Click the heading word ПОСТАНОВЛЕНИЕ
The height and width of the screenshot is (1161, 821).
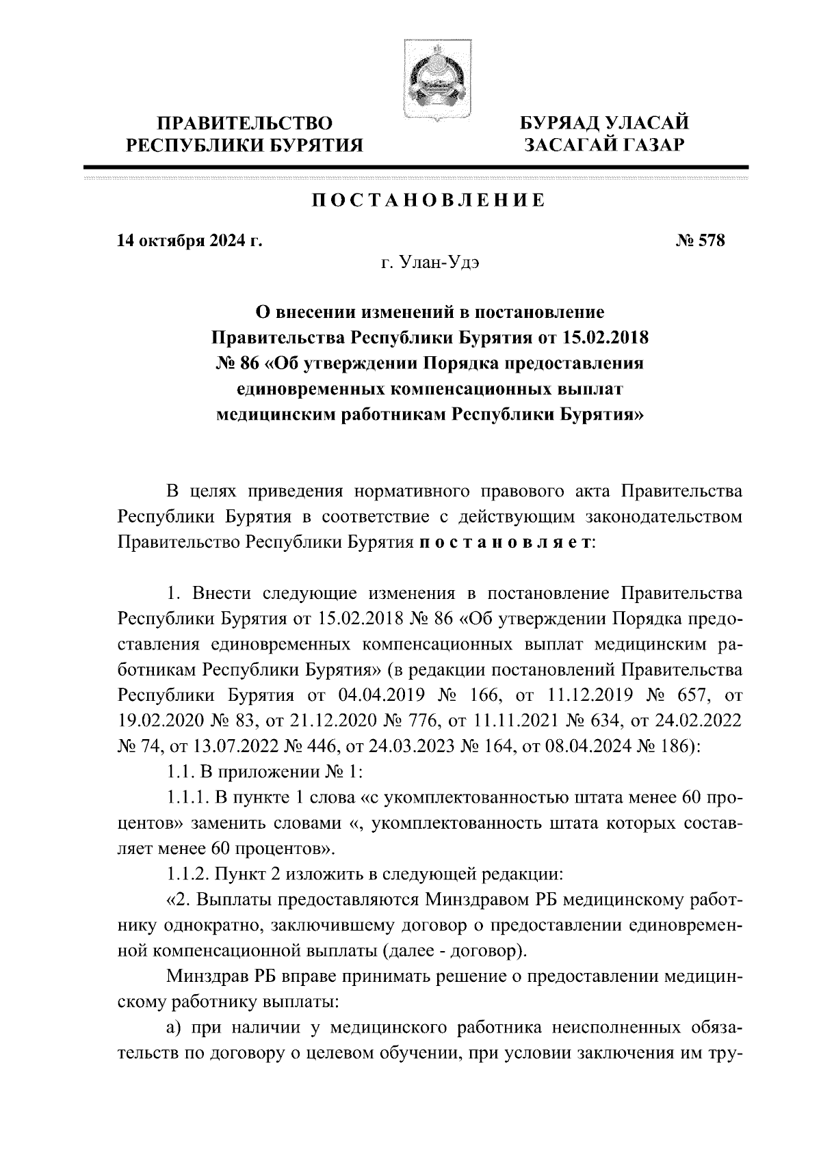(429, 201)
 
